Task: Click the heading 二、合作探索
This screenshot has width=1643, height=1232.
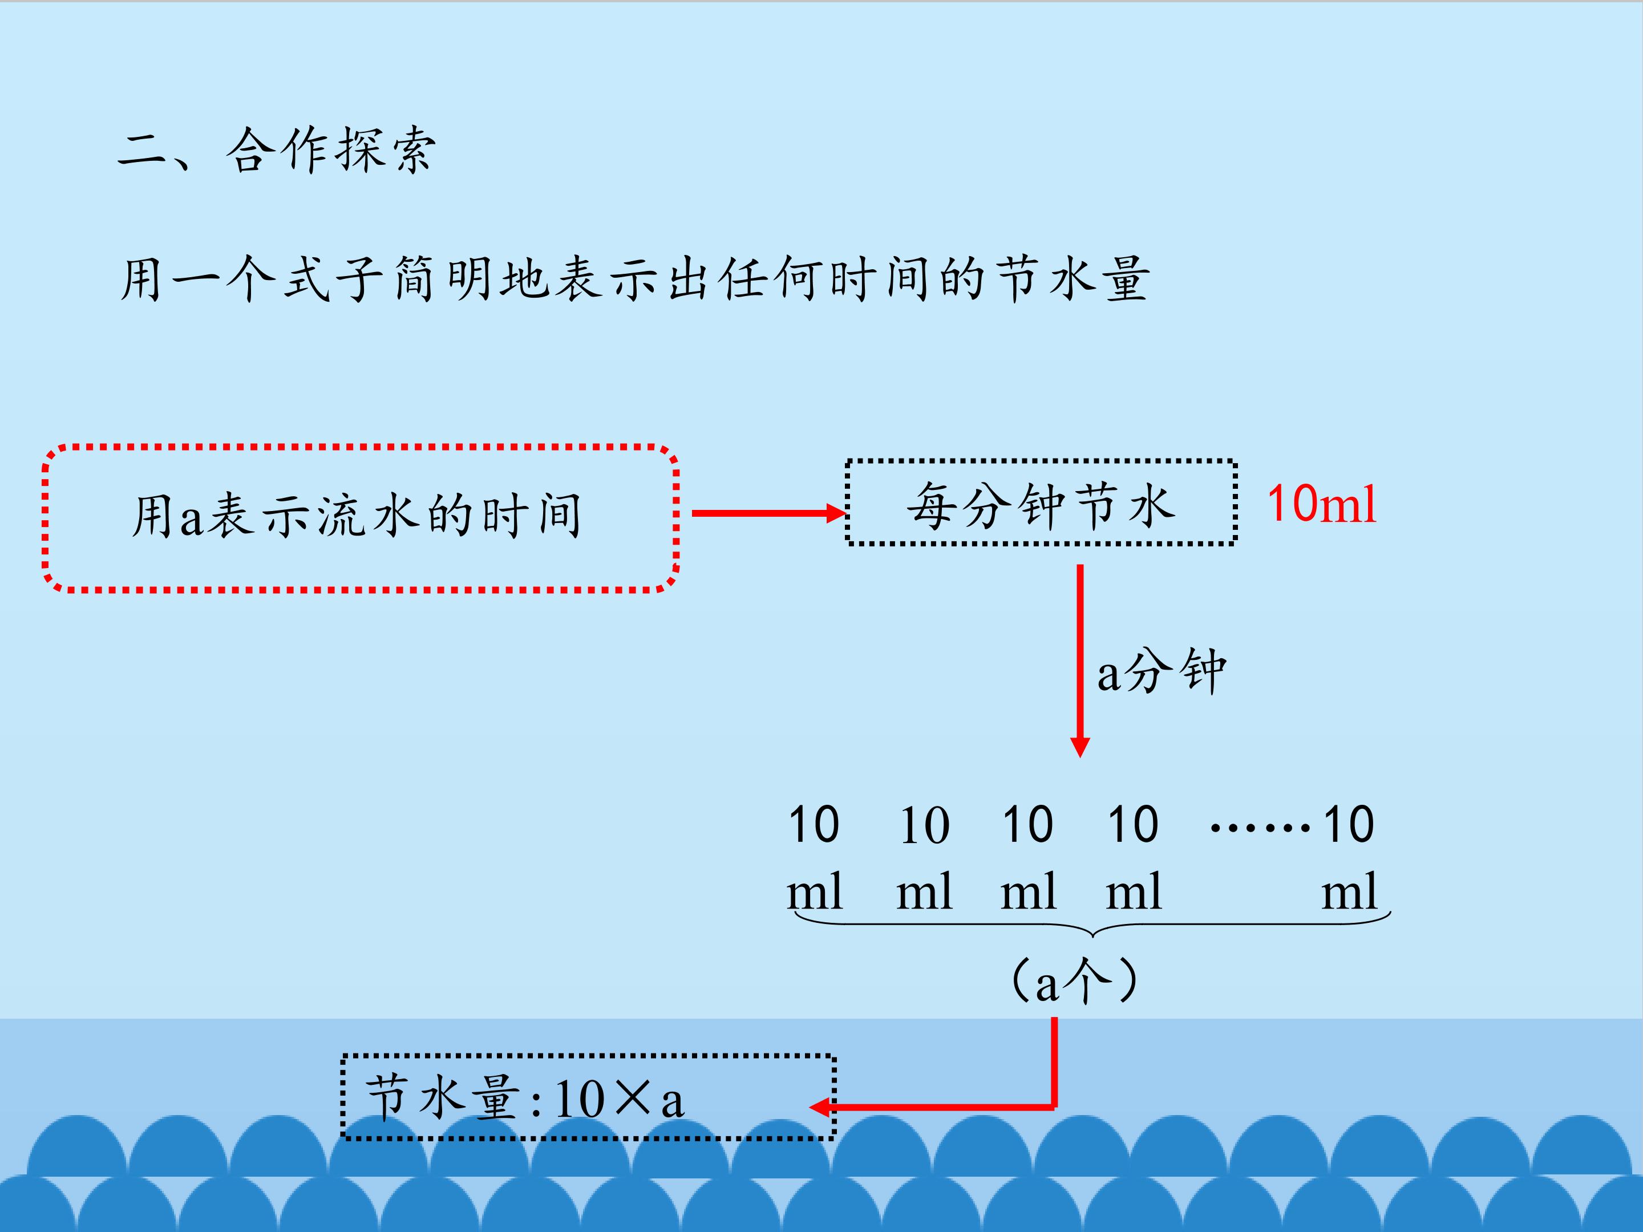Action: point(276,151)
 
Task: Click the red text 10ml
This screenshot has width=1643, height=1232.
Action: point(1321,505)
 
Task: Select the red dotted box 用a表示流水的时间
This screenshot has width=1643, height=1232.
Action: point(360,518)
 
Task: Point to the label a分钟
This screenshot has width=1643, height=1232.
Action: point(1161,671)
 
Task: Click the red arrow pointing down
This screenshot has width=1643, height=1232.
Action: point(1080,661)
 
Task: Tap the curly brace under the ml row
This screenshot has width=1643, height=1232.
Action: point(1092,927)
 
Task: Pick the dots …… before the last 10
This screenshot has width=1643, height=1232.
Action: point(1260,826)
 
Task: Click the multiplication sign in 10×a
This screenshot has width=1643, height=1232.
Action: point(633,1099)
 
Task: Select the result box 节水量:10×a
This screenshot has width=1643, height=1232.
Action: point(588,1097)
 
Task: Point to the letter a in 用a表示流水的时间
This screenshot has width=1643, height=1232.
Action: point(191,518)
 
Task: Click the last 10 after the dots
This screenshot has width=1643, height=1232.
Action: point(1348,824)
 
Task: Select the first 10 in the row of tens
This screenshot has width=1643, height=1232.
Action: point(814,824)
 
